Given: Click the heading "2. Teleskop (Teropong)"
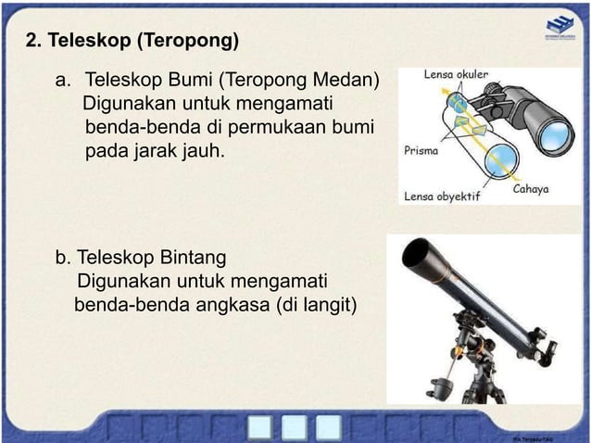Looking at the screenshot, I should tap(132, 42).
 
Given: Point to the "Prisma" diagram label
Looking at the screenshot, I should tap(421, 148).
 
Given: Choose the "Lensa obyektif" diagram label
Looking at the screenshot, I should tap(442, 196).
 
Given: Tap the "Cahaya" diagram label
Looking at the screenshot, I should tap(532, 189).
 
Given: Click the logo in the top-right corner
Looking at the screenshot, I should tap(559, 29).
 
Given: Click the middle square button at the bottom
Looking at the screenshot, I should tap(295, 426).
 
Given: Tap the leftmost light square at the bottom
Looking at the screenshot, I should tap(261, 426).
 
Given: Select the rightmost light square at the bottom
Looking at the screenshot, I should tap(328, 426).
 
